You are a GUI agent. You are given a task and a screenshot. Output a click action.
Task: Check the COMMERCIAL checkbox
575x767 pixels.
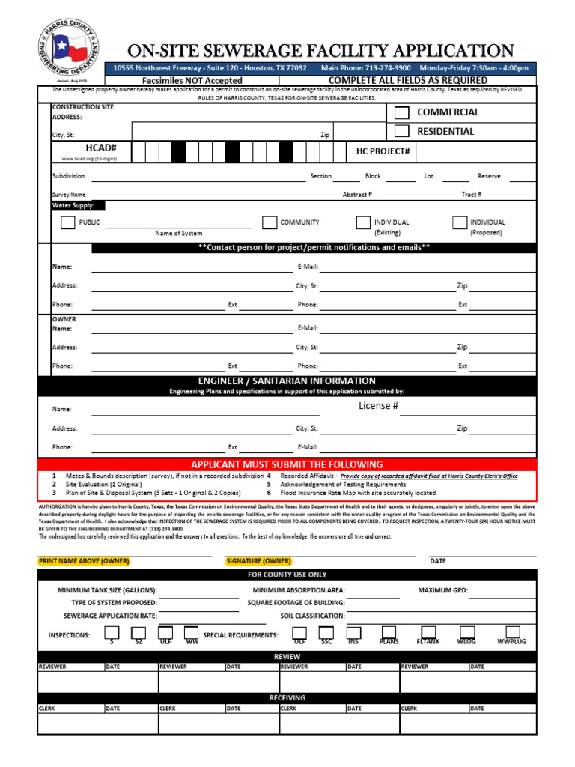pos(402,113)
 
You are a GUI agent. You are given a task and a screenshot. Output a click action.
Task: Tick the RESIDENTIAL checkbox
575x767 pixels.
pos(402,132)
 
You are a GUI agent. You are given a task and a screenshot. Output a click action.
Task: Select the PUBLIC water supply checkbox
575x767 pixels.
pos(68,222)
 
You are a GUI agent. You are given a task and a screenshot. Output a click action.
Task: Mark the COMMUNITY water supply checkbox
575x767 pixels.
pos(270,222)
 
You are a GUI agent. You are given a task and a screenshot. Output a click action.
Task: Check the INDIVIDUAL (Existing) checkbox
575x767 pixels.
pos(363,222)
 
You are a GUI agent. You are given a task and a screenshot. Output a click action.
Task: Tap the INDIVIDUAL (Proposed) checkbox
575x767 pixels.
pos(460,222)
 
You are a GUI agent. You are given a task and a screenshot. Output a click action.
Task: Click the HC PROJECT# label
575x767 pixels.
pos(383,152)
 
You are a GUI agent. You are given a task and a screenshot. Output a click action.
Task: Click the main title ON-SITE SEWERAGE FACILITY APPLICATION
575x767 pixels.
pos(320,51)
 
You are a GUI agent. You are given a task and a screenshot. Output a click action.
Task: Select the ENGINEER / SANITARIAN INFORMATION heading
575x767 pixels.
pos(287,381)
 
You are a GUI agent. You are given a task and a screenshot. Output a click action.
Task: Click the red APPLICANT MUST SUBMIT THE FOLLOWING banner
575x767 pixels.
pos(287,464)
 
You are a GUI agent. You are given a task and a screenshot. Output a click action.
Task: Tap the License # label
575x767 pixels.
pos(378,406)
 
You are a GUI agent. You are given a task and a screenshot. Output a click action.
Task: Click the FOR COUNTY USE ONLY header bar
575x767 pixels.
pos(287,575)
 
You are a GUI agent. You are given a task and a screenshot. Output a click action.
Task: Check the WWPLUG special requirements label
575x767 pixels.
pos(512,642)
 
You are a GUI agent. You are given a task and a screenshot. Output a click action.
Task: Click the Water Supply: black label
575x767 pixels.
pos(78,205)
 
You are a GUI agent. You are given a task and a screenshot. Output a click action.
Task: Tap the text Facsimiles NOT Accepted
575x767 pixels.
pos(192,80)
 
